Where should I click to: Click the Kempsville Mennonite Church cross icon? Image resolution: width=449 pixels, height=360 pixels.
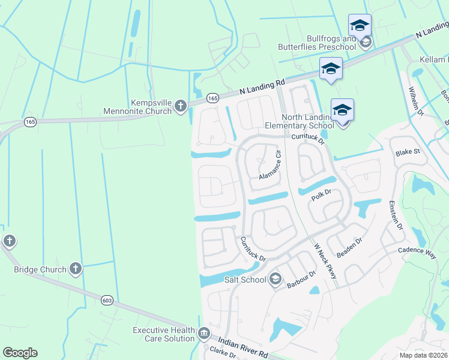tap(181, 107)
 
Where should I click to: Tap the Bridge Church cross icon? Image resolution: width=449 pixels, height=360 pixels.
tap(76, 269)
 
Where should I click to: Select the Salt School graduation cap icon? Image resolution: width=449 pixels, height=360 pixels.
tap(275, 279)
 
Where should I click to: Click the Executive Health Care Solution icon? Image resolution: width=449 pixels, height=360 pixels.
tap(203, 334)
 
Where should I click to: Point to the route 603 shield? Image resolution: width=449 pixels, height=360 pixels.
tap(107, 301)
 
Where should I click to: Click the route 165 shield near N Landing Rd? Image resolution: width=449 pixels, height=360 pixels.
tap(212, 97)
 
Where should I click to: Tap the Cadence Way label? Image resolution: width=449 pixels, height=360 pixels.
tap(418, 250)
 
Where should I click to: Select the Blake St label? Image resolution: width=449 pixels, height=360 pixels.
tap(407, 152)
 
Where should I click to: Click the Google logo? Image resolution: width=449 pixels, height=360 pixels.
tap(20, 353)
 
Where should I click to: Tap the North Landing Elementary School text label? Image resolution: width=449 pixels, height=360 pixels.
tap(300, 121)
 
